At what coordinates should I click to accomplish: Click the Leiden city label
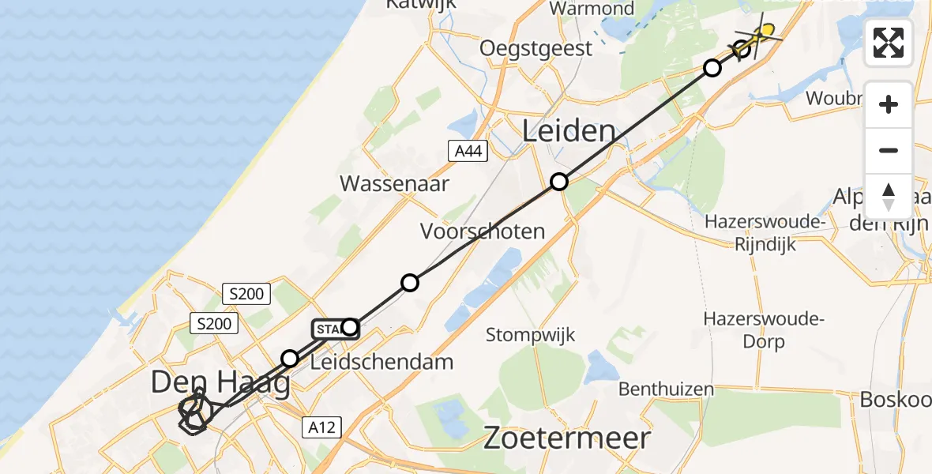569,131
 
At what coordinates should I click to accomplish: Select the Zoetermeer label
566,438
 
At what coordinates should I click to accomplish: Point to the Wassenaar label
394,184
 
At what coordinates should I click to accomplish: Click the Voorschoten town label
483,231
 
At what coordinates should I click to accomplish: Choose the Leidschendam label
382,363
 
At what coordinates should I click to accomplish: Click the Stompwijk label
530,335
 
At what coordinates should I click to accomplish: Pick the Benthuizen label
666,389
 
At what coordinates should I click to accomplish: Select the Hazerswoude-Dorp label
764,330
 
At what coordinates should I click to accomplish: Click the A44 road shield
466,151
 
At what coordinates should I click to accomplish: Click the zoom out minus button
889,151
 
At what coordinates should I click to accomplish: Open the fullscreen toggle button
889,43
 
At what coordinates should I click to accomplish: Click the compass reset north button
889,197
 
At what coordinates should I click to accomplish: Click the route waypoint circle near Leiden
559,182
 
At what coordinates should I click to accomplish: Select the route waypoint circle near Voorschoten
409,282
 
